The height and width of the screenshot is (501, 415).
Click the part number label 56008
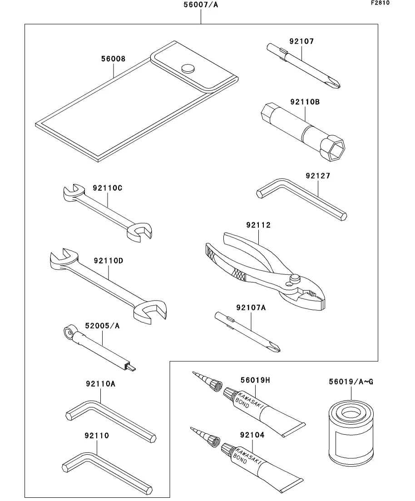(113, 59)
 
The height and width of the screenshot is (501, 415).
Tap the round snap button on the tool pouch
(188, 68)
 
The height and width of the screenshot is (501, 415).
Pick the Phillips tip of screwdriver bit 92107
(336, 84)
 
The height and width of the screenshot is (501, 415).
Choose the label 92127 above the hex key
(317, 176)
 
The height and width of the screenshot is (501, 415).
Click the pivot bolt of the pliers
(296, 277)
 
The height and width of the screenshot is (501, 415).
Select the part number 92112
(258, 225)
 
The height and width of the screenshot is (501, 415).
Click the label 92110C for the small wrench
(108, 187)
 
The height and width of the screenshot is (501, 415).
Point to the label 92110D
(109, 261)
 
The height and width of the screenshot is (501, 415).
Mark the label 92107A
(251, 308)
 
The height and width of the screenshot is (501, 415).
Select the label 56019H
(255, 380)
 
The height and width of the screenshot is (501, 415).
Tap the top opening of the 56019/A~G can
(351, 414)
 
